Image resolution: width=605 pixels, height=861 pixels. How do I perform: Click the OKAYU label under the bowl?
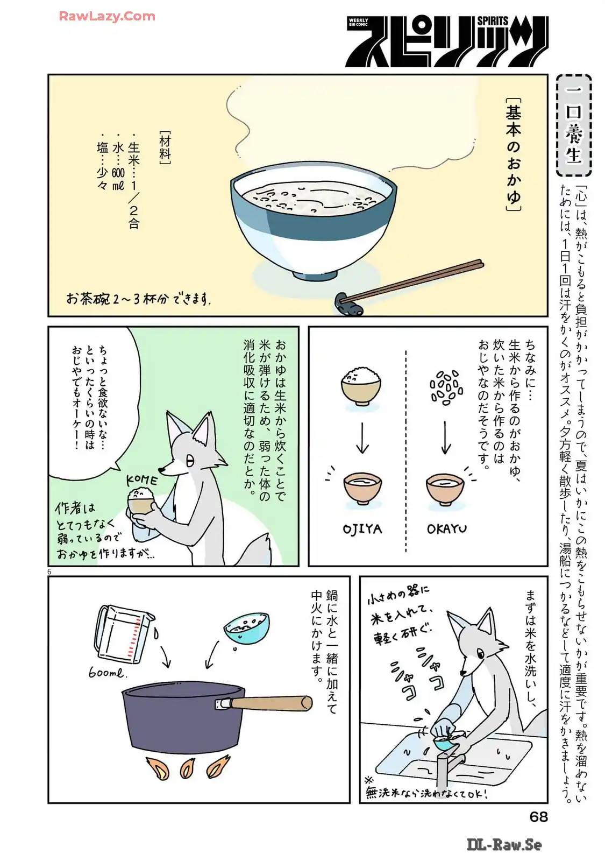point(447,530)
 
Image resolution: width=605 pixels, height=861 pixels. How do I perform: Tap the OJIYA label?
point(362,530)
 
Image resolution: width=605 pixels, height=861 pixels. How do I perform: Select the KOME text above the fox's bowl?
point(142,481)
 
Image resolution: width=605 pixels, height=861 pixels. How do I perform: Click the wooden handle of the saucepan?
point(271,702)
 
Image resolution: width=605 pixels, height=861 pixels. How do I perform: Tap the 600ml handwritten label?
point(107,673)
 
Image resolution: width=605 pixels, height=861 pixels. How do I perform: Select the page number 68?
point(538,816)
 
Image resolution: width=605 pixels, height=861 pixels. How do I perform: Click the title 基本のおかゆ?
point(513,154)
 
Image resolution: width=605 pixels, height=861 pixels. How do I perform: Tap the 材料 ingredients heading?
point(165,148)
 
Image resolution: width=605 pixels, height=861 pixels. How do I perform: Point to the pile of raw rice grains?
point(446,387)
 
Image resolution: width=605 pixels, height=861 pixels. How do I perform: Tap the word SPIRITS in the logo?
point(493,21)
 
